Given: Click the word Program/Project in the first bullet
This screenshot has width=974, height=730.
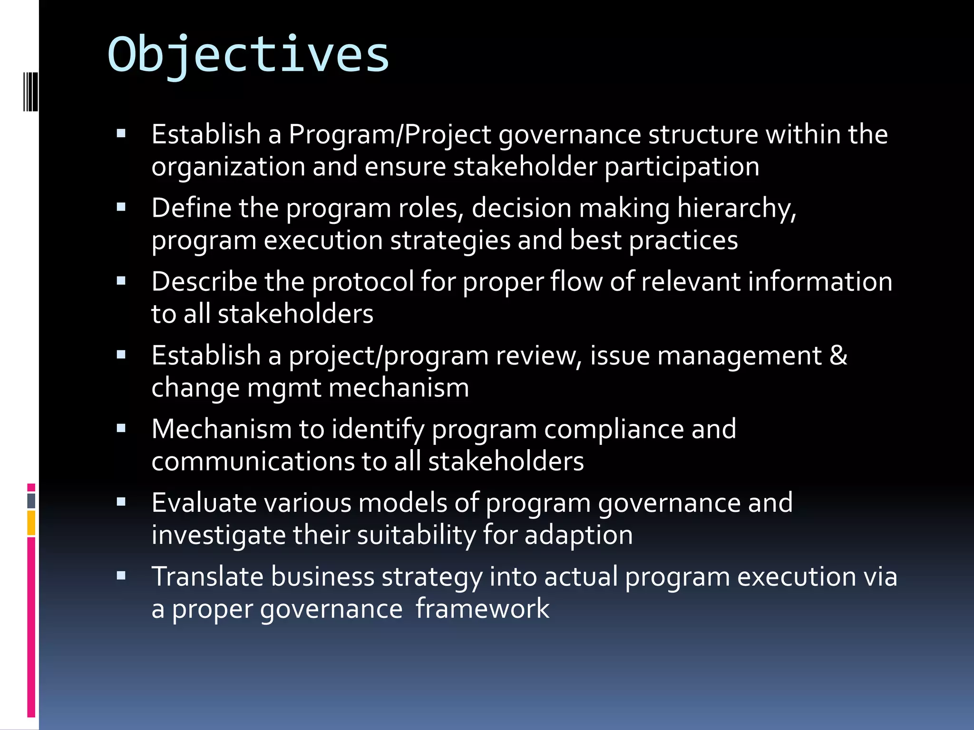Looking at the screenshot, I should tap(390, 134).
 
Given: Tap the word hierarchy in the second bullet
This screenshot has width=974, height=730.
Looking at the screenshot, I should tap(736, 209).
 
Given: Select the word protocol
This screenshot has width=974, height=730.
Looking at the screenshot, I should tap(363, 282).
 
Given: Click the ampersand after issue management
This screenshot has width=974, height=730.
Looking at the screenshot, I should tap(838, 355).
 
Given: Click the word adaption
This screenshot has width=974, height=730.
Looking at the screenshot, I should tap(578, 535).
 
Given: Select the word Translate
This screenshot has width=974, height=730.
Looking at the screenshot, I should tap(207, 576).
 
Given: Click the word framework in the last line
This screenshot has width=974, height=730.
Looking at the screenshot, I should tap(482, 609).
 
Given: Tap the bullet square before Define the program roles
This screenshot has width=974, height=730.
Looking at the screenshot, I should tap(121, 207).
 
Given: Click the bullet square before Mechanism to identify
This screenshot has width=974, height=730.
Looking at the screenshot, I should tap(121, 428).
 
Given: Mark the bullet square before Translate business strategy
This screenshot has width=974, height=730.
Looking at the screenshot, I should tap(121, 576).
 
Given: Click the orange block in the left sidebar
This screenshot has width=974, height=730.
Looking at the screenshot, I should tap(31, 523).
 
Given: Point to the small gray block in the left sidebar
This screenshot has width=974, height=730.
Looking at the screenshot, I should tap(31, 500).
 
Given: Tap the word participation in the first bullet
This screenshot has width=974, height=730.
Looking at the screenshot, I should tap(682, 167).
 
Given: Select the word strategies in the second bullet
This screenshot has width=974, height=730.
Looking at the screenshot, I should tap(450, 240).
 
